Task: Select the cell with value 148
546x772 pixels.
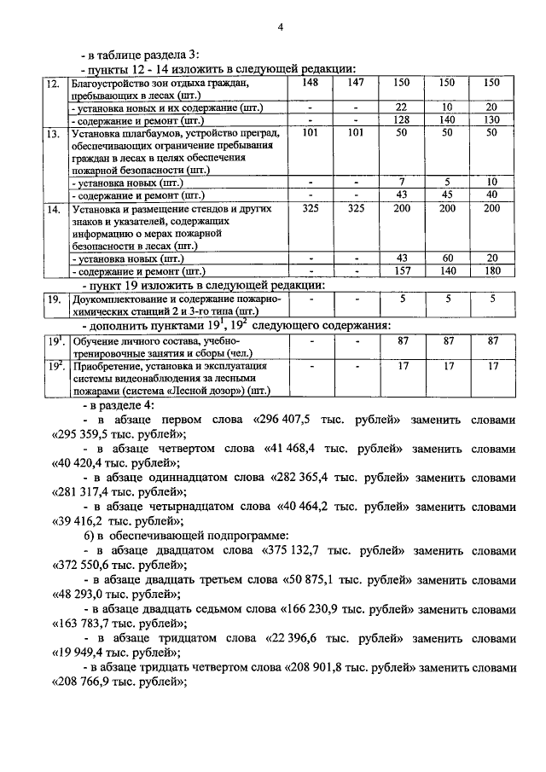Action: (x=311, y=83)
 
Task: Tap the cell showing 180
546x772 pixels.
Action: (x=491, y=270)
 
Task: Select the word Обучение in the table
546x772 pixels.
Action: (x=94, y=341)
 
